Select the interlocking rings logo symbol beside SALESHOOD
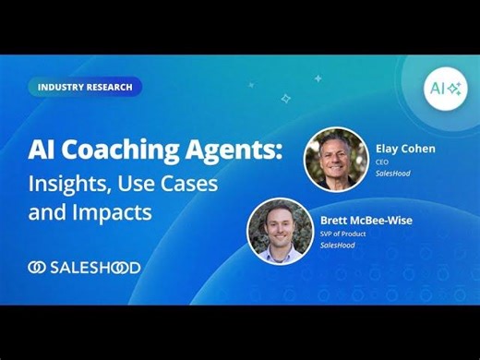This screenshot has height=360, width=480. point(38,268)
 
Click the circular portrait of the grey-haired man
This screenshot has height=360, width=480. point(336,158)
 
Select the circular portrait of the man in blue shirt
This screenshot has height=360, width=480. point(279,232)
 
